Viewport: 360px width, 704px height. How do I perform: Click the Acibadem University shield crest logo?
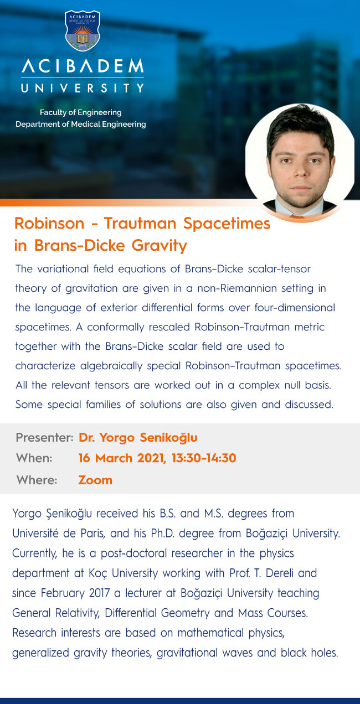pyautogui.click(x=83, y=30)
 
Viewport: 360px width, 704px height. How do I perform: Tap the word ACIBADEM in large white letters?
pyautogui.click(x=83, y=66)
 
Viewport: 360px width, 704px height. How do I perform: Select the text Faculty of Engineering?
pyautogui.click(x=81, y=112)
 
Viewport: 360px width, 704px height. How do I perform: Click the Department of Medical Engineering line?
pyautogui.click(x=81, y=124)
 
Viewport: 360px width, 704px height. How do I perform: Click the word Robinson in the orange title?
pyautogui.click(x=49, y=224)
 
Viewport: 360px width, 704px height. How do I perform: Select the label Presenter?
pyautogui.click(x=45, y=437)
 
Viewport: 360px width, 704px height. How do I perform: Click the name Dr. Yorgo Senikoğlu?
pyautogui.click(x=138, y=437)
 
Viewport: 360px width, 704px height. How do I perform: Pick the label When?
pyautogui.click(x=34, y=458)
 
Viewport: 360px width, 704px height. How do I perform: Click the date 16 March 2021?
pyautogui.click(x=122, y=458)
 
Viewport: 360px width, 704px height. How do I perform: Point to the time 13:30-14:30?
pyautogui.click(x=204, y=458)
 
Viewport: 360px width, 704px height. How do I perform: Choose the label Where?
pyautogui.click(x=37, y=480)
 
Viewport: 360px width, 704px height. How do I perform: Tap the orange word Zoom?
pyautogui.click(x=95, y=480)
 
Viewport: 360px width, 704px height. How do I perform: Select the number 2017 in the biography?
pyautogui.click(x=99, y=593)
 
